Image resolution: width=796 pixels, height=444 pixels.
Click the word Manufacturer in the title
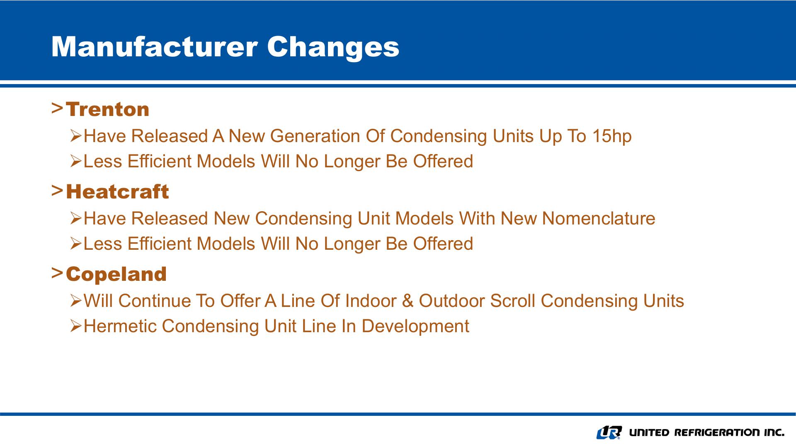tap(154, 46)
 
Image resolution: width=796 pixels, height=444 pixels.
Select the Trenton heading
tap(107, 109)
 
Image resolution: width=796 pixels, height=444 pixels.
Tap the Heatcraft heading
tap(117, 192)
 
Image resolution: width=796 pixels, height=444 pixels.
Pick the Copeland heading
tap(116, 274)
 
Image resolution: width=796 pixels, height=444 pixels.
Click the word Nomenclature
tap(599, 218)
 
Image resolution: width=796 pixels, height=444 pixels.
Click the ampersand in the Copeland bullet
tap(408, 301)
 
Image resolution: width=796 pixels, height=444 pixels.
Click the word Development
tap(415, 326)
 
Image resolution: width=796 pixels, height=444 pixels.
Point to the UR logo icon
tap(609, 432)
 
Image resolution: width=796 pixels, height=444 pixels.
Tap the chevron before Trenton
tap(57, 109)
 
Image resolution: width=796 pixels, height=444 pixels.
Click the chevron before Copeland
tap(57, 273)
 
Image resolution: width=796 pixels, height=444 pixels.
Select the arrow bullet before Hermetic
tap(76, 326)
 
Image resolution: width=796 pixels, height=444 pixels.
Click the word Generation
tap(315, 136)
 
